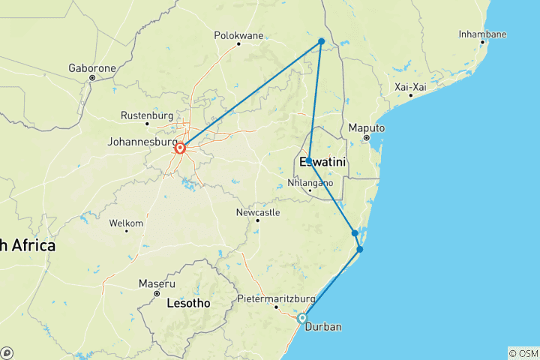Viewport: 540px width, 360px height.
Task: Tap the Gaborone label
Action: [x=92, y=68]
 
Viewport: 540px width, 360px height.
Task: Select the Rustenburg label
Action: [x=147, y=116]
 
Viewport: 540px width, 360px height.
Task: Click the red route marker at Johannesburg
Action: [x=181, y=148]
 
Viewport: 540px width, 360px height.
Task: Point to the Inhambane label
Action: [x=482, y=34]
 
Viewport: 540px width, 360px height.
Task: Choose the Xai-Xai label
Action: [x=410, y=87]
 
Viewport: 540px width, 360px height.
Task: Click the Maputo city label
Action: [x=367, y=128]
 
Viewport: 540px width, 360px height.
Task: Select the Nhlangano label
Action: [x=310, y=182]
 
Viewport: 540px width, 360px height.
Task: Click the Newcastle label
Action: [x=257, y=212]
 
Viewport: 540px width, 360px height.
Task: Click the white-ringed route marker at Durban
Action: [x=302, y=318]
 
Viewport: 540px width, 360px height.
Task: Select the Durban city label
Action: [x=325, y=328]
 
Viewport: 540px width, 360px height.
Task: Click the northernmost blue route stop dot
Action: [x=321, y=41]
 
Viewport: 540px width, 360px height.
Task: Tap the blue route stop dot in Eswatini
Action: [x=308, y=161]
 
